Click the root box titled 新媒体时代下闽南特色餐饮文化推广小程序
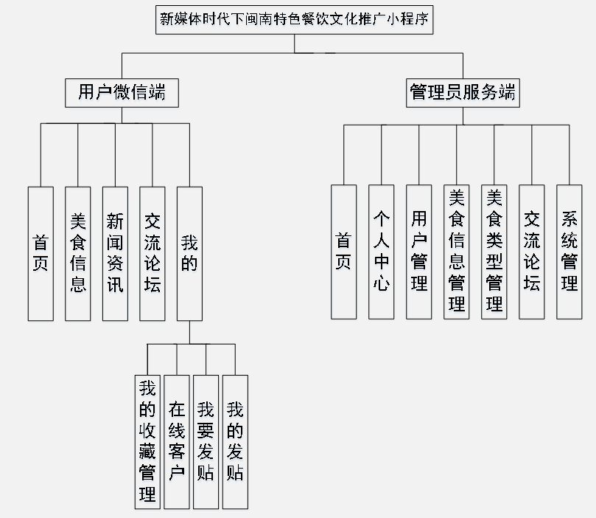click(294, 19)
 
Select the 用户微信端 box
click(122, 93)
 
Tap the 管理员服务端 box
click(463, 93)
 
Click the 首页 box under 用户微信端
click(41, 253)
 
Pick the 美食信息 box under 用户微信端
click(78, 253)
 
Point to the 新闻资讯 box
click(115, 253)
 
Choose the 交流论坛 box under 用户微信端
click(152, 253)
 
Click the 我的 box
click(189, 253)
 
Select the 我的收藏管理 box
click(147, 441)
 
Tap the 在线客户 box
click(177, 441)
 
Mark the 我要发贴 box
click(206, 441)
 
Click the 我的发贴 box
click(235, 441)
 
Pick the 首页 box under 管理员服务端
click(343, 252)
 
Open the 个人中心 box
click(381, 252)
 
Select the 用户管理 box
click(419, 252)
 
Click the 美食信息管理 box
click(457, 252)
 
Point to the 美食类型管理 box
click(494, 252)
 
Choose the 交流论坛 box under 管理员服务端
click(532, 252)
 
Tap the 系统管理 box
click(569, 252)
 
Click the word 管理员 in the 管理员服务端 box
click(437, 93)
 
